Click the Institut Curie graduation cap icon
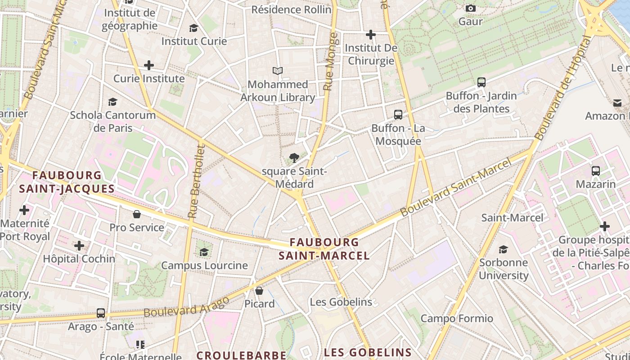(x=193, y=28)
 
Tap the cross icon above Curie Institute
(x=149, y=65)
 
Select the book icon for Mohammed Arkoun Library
(x=278, y=71)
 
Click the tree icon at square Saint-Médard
(x=294, y=158)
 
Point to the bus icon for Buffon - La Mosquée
(x=398, y=115)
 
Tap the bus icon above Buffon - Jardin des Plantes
(x=481, y=82)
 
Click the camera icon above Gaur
(x=471, y=9)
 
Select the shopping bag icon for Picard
(x=259, y=291)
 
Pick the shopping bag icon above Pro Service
(x=137, y=214)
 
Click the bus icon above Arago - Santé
(x=101, y=313)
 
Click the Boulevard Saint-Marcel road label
(x=455, y=187)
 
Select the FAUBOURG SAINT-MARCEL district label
(x=324, y=249)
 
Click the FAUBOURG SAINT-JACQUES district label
(x=67, y=182)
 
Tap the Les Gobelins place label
(x=341, y=302)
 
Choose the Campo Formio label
(x=457, y=319)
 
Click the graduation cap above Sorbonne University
(x=504, y=249)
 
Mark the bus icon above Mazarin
(x=596, y=171)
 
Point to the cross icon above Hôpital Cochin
(x=79, y=246)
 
